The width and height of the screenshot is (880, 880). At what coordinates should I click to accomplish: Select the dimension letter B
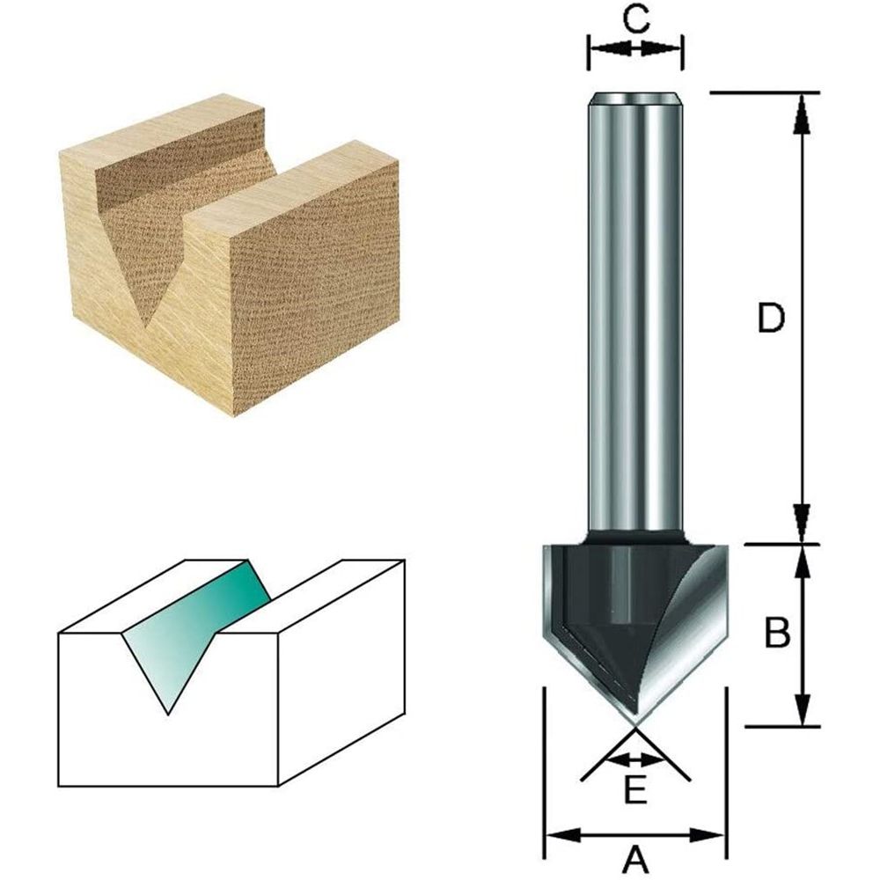point(776,633)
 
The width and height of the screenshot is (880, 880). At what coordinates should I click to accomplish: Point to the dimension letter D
point(771,319)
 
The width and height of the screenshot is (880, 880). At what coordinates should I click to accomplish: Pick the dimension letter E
point(635,792)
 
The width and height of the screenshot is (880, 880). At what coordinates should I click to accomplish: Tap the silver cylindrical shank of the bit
point(634,308)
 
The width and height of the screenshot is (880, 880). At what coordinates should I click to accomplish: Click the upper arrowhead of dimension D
point(801,110)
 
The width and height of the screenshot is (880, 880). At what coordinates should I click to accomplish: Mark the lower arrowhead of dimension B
point(801,709)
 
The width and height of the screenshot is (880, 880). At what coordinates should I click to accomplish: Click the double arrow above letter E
point(634,759)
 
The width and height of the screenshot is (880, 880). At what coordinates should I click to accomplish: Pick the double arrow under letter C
point(634,48)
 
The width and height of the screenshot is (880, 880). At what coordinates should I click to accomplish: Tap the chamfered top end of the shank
point(634,98)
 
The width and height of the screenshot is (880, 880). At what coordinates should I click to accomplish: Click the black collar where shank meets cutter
point(634,534)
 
